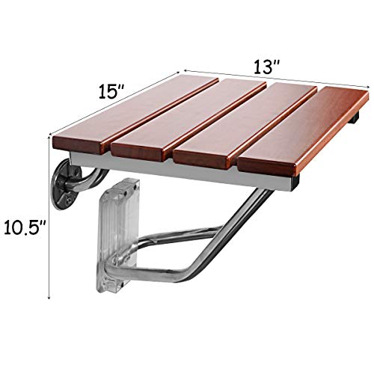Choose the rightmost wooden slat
pos(299,135)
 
